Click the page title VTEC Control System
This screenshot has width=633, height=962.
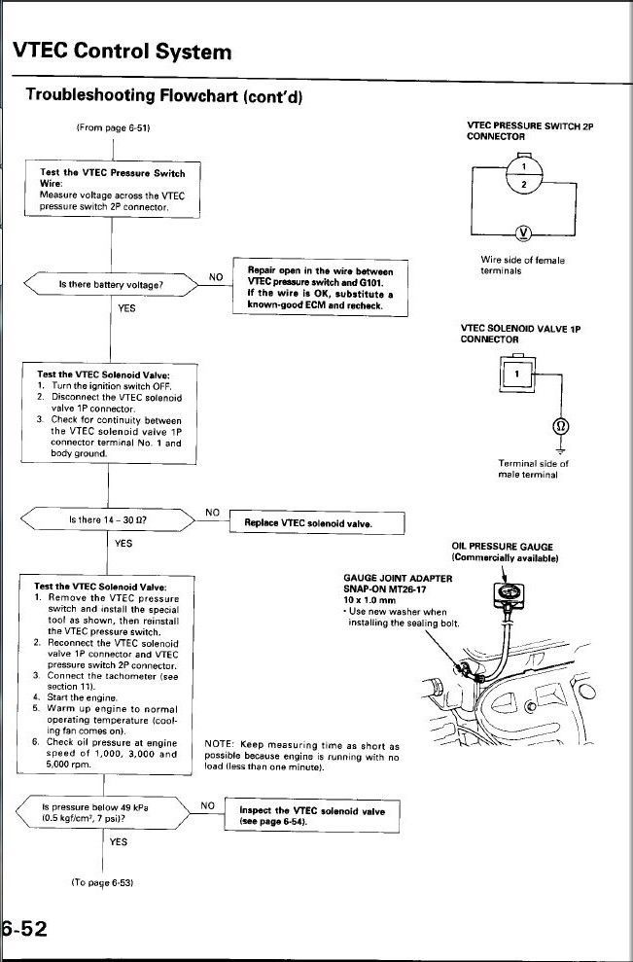(x=122, y=51)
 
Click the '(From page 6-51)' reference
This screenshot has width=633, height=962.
(x=113, y=127)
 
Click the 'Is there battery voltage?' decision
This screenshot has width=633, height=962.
(x=111, y=284)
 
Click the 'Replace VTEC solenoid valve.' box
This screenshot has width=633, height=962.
(x=309, y=524)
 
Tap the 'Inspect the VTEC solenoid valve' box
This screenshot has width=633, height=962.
(x=310, y=815)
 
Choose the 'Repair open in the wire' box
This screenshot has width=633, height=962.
(x=320, y=287)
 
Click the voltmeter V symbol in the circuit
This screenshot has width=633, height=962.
(x=525, y=232)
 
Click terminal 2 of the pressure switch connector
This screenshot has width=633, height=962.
(x=525, y=184)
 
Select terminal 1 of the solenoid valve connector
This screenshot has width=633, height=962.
(x=518, y=374)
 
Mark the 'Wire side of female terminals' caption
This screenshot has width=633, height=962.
(x=523, y=265)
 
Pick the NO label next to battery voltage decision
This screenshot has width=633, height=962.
(x=216, y=277)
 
